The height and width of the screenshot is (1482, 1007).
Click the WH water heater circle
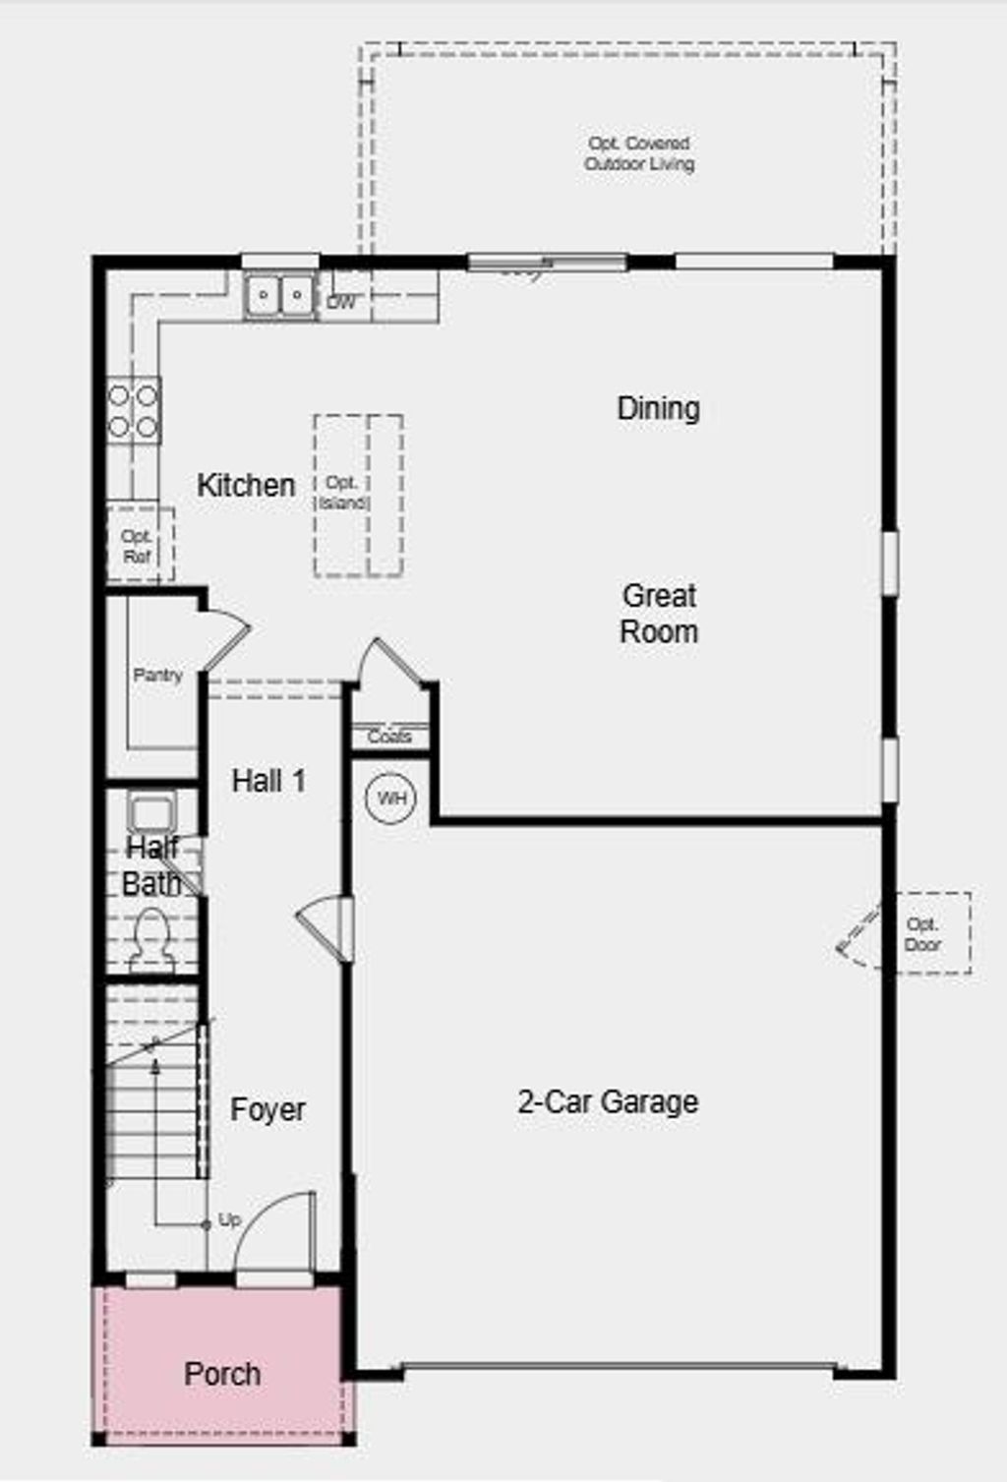point(391,798)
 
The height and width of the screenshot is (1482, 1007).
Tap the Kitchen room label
point(246,485)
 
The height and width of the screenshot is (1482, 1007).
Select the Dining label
point(658,408)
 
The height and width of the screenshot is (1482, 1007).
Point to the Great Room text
point(659,614)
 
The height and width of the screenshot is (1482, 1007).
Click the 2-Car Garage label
point(608,1101)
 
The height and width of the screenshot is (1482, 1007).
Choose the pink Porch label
point(222,1374)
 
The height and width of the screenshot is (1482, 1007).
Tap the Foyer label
point(267,1110)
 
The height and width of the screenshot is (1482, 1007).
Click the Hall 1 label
point(268,781)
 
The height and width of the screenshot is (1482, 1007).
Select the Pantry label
point(157,676)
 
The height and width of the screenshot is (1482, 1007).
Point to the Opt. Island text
point(342,493)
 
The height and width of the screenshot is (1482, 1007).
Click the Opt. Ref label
point(137,547)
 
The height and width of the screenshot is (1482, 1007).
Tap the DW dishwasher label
point(340,303)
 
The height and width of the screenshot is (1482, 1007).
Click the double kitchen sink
point(280,295)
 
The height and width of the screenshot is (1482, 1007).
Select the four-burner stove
point(133,411)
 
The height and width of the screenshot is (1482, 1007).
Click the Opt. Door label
point(922,934)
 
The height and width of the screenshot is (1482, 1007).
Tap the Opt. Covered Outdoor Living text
point(639,154)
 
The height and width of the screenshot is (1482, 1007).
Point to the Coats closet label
point(389,737)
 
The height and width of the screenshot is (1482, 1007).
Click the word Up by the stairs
point(229,1219)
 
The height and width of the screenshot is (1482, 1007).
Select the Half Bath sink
point(150,813)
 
